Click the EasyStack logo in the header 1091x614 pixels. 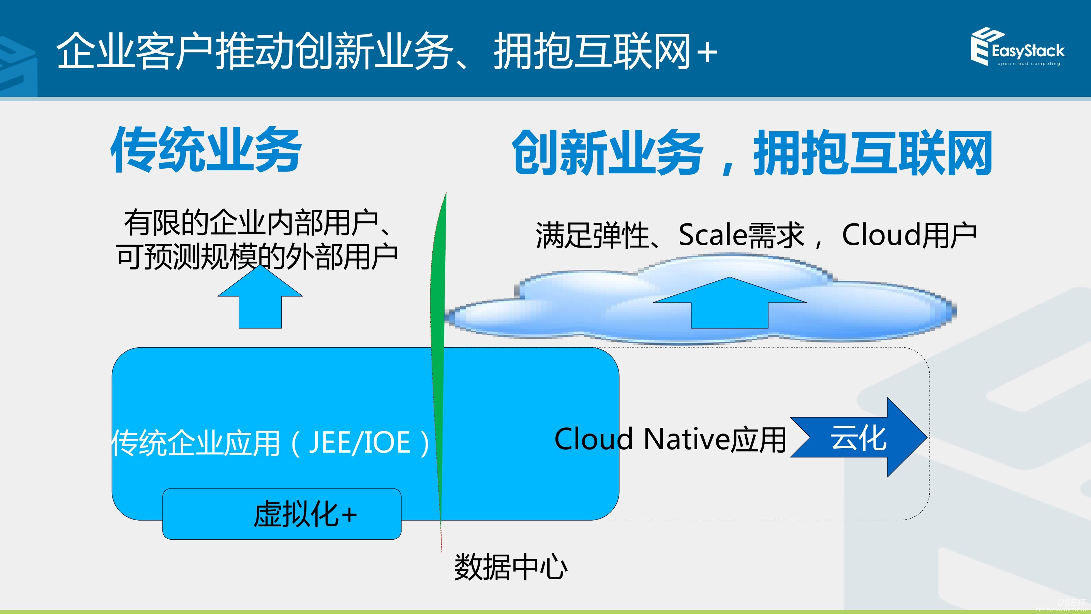pyautogui.click(x=1016, y=47)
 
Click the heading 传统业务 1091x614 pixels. pyautogui.click(x=206, y=150)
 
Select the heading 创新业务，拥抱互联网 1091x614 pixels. pyautogui.click(x=752, y=152)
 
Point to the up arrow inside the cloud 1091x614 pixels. pyautogui.click(x=729, y=305)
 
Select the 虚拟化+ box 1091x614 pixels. pyautogui.click(x=282, y=514)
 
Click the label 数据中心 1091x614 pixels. pyautogui.click(x=511, y=567)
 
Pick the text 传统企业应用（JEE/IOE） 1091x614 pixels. pyautogui.click(x=271, y=443)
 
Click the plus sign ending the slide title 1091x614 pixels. pyautogui.click(x=707, y=53)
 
